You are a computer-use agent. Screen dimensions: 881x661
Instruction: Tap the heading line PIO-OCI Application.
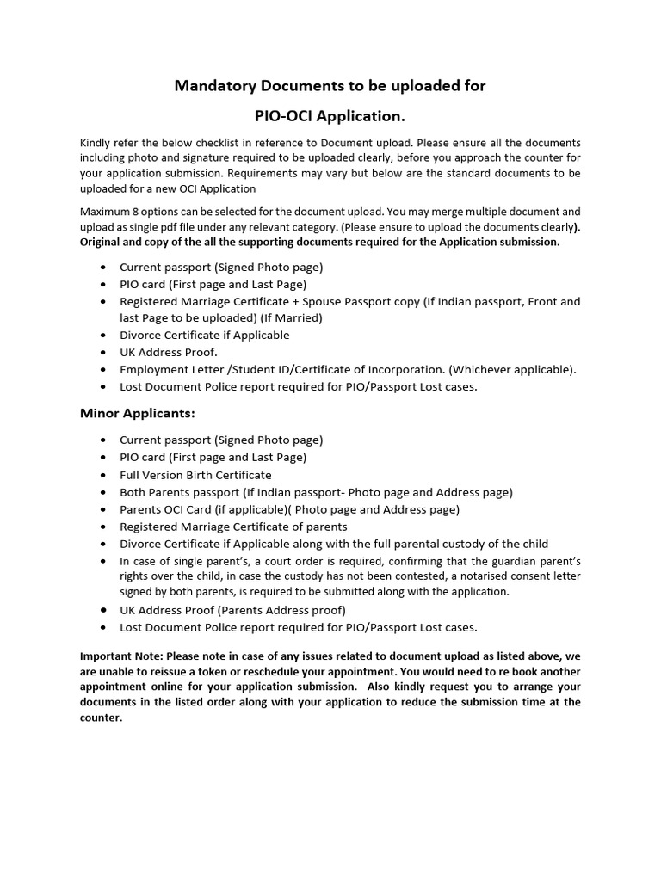(x=330, y=115)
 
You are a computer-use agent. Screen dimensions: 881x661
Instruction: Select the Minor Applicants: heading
(x=138, y=413)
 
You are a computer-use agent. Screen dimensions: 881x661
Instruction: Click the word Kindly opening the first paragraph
(x=96, y=142)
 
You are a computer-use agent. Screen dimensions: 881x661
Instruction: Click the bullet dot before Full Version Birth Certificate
(x=103, y=475)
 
